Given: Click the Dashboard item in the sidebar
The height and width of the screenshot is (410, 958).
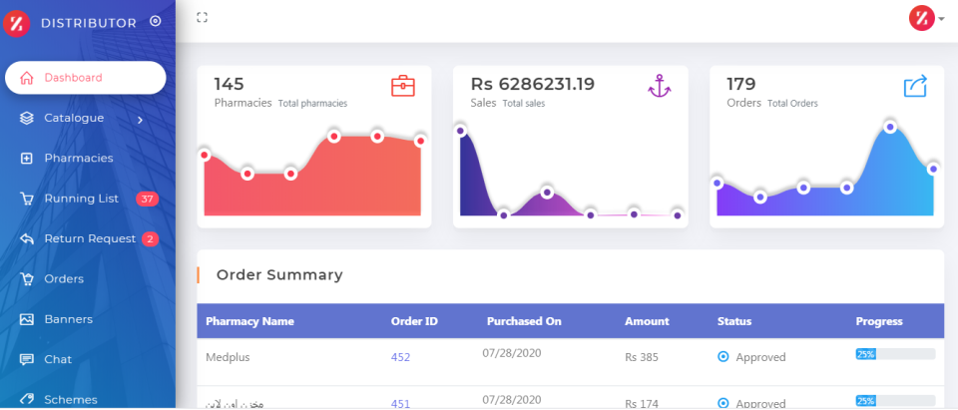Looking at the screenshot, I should (73, 78).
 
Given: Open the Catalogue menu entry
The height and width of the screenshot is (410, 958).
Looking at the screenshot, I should (74, 118).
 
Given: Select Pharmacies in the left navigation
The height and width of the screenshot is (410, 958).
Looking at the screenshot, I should (78, 158).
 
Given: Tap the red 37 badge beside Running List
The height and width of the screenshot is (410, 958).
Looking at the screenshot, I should (148, 199).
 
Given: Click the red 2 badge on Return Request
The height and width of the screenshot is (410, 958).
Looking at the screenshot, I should (150, 238).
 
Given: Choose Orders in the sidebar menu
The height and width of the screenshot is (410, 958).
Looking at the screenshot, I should (64, 278).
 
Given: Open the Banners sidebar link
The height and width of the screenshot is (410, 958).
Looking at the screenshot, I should (68, 319).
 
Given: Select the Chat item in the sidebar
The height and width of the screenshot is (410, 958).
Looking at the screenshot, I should (58, 359).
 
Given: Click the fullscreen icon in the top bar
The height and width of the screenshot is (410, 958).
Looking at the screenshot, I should (202, 17).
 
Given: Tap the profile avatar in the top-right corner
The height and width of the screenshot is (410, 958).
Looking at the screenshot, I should (921, 18).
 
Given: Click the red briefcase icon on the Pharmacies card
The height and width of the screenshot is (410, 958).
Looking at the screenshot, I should (402, 86).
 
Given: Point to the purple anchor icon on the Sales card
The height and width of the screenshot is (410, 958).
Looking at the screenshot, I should (659, 86).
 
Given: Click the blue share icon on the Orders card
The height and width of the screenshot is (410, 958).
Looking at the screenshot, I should (915, 86).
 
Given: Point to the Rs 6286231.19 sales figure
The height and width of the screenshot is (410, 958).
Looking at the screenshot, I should (533, 84).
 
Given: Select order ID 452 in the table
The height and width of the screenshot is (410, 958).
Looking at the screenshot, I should (400, 357).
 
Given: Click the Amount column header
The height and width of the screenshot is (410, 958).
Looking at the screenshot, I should (647, 321).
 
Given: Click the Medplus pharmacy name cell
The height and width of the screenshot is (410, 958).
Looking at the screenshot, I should (229, 356).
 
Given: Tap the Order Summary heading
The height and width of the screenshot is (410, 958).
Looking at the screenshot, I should (279, 274).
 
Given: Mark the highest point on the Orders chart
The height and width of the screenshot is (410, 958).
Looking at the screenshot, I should (890, 127).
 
